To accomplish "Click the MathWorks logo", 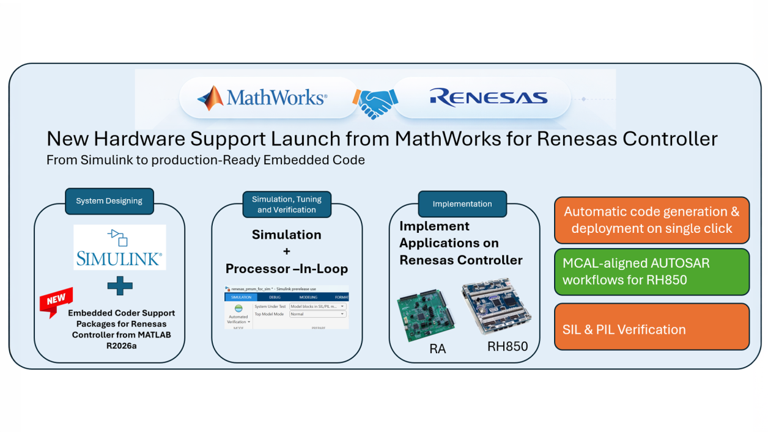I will tap(262, 98).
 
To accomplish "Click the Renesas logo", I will tap(488, 98).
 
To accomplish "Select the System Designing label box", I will tap(109, 201).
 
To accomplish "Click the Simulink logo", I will tap(119, 247).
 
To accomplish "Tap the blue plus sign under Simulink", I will tap(120, 285).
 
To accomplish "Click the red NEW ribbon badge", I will tap(56, 301).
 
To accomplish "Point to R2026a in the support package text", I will tap(119, 345).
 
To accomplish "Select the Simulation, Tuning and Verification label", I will tap(286, 204).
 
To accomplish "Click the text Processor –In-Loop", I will tap(286, 269).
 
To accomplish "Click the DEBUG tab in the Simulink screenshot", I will tap(275, 297).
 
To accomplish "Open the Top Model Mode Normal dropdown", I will tap(317, 314).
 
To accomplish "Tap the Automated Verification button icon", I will tap(238, 309).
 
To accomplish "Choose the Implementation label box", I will tap(462, 204).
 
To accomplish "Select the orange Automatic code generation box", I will tap(651, 220).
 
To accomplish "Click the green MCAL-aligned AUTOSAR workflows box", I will tap(651, 272).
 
